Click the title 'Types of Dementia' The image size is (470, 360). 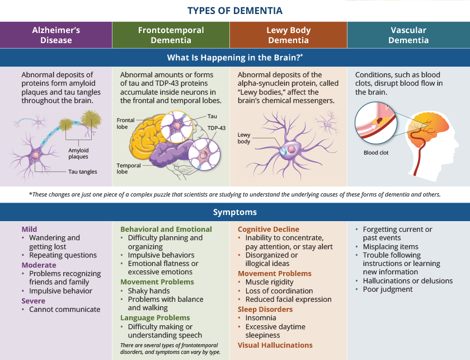pyautogui.click(x=235, y=11)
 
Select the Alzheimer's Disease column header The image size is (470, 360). pyautogui.click(x=56, y=35)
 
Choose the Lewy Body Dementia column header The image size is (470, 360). pyautogui.click(x=288, y=35)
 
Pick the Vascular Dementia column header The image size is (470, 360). pyautogui.click(x=408, y=35)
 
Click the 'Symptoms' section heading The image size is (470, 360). pyautogui.click(x=235, y=212)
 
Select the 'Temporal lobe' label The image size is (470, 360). pyautogui.click(x=129, y=169)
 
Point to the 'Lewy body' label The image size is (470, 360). pyautogui.click(x=245, y=138)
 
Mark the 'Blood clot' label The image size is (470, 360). pyautogui.click(x=376, y=152)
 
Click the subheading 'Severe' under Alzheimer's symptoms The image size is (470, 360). pyautogui.click(x=34, y=301)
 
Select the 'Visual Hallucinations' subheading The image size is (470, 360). pyautogui.click(x=275, y=345)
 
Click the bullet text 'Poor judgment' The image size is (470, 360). pyautogui.click(x=388, y=289)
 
